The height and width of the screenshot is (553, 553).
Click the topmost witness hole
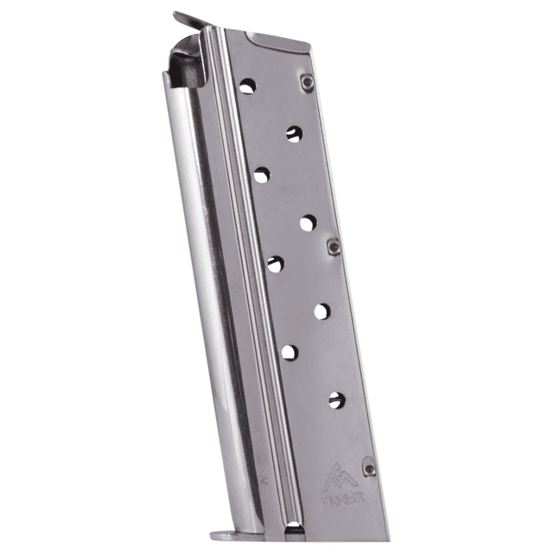(247, 86)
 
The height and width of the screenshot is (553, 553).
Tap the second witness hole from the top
(294, 133)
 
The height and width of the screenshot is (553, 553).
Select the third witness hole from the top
(261, 175)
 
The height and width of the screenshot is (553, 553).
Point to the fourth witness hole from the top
(308, 222)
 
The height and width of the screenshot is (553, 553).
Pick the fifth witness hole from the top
(275, 264)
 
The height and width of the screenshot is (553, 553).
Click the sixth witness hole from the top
(322, 310)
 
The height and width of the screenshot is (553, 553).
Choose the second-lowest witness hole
(289, 352)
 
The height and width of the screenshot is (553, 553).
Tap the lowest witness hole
(336, 398)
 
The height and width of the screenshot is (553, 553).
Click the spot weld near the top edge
(307, 82)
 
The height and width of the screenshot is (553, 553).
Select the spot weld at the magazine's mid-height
(334, 247)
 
